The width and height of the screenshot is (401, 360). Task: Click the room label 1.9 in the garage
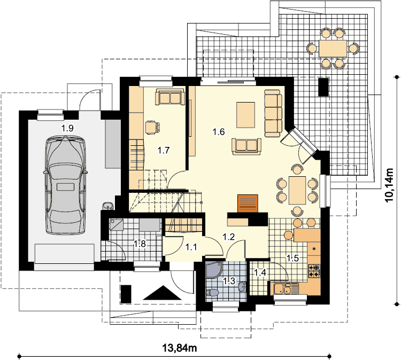(67, 128)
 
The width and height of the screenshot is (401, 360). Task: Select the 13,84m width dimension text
(180, 348)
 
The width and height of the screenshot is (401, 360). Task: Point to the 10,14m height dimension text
(389, 185)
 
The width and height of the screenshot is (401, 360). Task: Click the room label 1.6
(219, 132)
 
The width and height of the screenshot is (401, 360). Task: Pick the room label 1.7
(164, 150)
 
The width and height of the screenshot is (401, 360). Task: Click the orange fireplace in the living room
(248, 204)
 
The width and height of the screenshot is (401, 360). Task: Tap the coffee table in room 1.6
(245, 115)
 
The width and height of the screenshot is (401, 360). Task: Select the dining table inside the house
(297, 190)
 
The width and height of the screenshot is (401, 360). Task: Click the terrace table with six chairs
(333, 48)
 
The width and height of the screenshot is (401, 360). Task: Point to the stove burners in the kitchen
(314, 271)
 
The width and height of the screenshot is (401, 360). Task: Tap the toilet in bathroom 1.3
(212, 293)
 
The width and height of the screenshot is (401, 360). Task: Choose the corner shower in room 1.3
(214, 270)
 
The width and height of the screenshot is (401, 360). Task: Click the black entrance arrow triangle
(162, 293)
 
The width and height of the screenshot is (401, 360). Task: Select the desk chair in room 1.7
(152, 127)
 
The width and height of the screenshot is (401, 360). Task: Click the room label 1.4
(260, 272)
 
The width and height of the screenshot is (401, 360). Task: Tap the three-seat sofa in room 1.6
(273, 113)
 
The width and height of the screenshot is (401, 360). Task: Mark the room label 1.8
(140, 244)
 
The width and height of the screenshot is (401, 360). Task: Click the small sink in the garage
(108, 206)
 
